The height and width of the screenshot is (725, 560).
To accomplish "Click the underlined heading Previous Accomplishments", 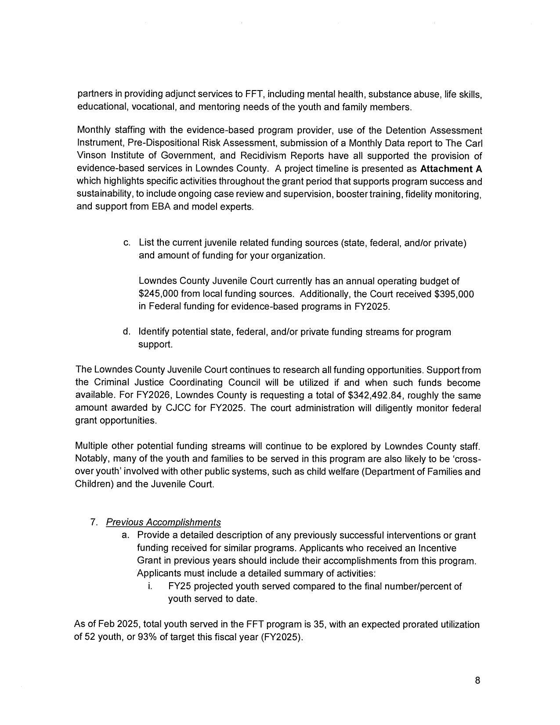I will tap(163, 522).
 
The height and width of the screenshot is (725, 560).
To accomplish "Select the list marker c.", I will tap(126, 243).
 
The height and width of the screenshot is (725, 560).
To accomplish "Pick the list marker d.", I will tap(126, 332).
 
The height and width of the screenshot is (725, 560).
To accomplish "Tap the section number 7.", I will tap(93, 522).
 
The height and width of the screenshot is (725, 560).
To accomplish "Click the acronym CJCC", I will tap(177, 408).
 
